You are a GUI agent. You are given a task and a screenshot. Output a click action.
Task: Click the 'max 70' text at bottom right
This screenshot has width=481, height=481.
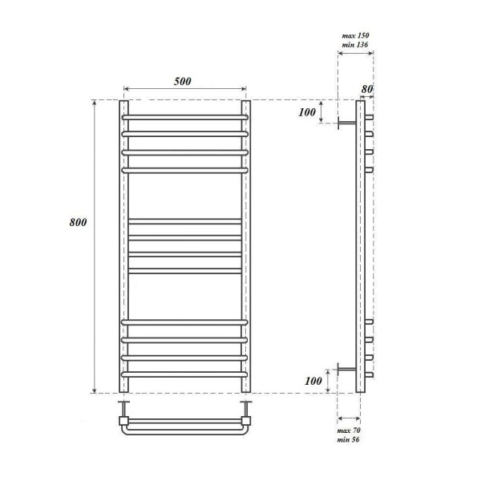349,431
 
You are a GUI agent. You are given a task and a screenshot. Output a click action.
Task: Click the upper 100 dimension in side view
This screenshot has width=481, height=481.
306,112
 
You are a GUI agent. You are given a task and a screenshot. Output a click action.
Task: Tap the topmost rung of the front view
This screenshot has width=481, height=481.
185,117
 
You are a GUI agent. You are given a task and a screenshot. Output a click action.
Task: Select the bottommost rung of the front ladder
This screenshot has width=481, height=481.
185,374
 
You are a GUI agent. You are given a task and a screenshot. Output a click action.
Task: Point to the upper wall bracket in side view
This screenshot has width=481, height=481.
346,123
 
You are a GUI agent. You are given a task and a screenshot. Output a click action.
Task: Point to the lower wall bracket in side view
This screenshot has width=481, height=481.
346,369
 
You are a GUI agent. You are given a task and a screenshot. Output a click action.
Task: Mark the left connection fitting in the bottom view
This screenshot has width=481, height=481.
124,418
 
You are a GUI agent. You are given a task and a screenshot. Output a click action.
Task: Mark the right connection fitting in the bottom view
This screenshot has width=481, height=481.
246,418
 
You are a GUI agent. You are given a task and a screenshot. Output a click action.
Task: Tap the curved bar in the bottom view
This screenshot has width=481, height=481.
185,431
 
